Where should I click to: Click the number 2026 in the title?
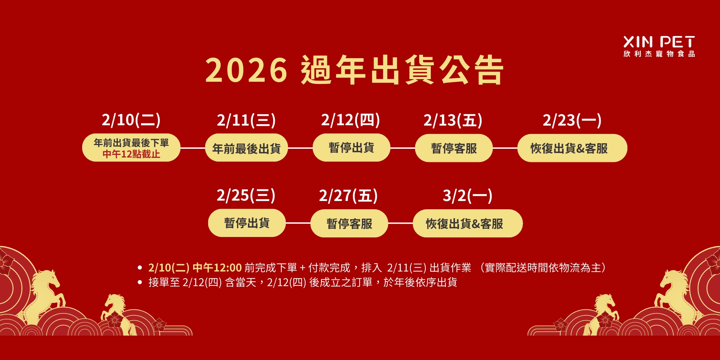[x=246, y=70]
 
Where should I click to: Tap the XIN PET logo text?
[x=659, y=42]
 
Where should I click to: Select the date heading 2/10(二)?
[x=131, y=120]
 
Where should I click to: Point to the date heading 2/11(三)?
[x=246, y=120]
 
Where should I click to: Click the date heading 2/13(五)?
[x=453, y=120]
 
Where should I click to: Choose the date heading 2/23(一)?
[x=572, y=120]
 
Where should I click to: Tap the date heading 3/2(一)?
[x=468, y=196]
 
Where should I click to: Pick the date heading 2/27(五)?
[x=348, y=196]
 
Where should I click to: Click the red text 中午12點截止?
[x=131, y=154]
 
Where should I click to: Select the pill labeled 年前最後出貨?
[x=246, y=148]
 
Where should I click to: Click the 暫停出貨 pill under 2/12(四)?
[x=351, y=148]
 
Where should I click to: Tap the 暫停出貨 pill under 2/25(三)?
[x=247, y=223]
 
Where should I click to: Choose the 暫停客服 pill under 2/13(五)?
[x=454, y=148]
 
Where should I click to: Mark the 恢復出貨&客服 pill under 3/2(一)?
[x=468, y=223]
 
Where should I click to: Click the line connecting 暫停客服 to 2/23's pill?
[x=505, y=148]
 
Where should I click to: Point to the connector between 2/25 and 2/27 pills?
[x=298, y=223]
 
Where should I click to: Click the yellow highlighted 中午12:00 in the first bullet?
[x=217, y=268]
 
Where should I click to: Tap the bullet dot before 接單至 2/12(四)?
[x=140, y=282]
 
